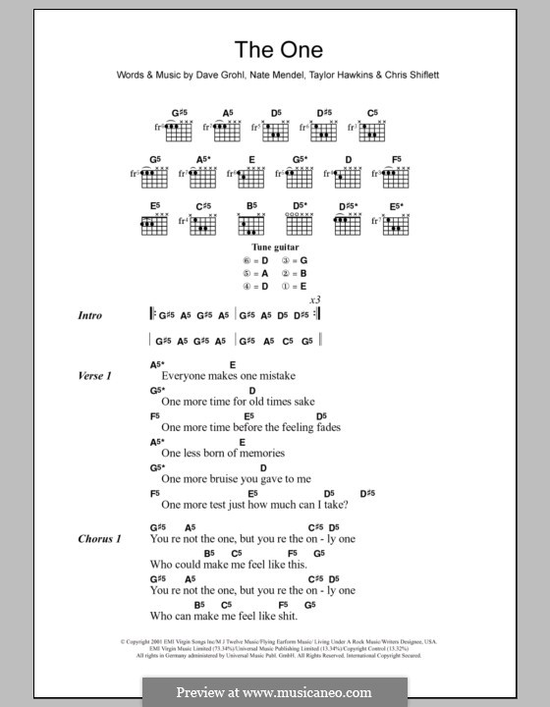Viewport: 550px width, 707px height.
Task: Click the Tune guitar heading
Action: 275,247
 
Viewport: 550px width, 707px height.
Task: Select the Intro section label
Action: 90,315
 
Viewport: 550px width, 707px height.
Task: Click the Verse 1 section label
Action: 95,376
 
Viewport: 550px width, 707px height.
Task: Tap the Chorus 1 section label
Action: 99,539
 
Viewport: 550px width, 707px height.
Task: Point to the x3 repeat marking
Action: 315,299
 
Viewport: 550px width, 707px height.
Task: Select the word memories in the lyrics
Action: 255,453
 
